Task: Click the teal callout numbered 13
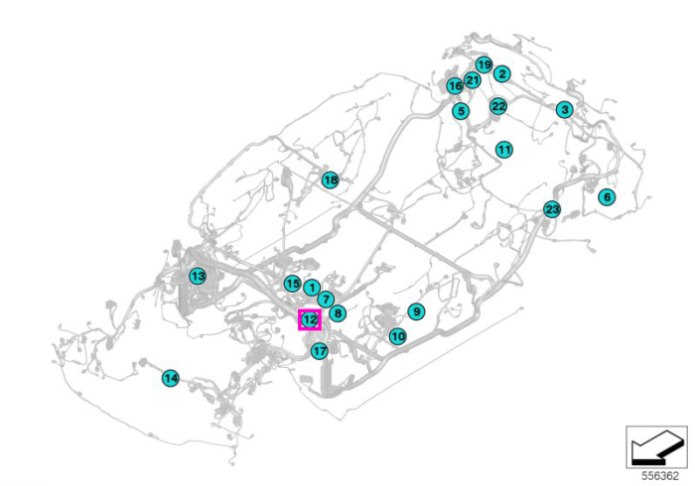point(198,276)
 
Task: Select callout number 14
point(171,378)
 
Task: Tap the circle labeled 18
point(331,181)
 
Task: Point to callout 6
point(607,196)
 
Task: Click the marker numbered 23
point(552,209)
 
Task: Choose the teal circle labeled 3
point(564,109)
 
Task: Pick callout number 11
point(504,150)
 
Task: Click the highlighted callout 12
point(310,319)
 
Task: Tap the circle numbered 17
point(320,351)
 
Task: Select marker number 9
point(416,311)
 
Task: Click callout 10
point(397,336)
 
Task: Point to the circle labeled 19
point(485,65)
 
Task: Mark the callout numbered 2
point(502,74)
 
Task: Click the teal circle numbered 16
point(455,86)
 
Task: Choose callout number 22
point(498,106)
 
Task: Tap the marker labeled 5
point(461,111)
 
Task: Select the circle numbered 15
point(292,284)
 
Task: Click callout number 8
point(338,313)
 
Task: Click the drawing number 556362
point(660,476)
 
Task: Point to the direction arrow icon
point(657,447)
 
